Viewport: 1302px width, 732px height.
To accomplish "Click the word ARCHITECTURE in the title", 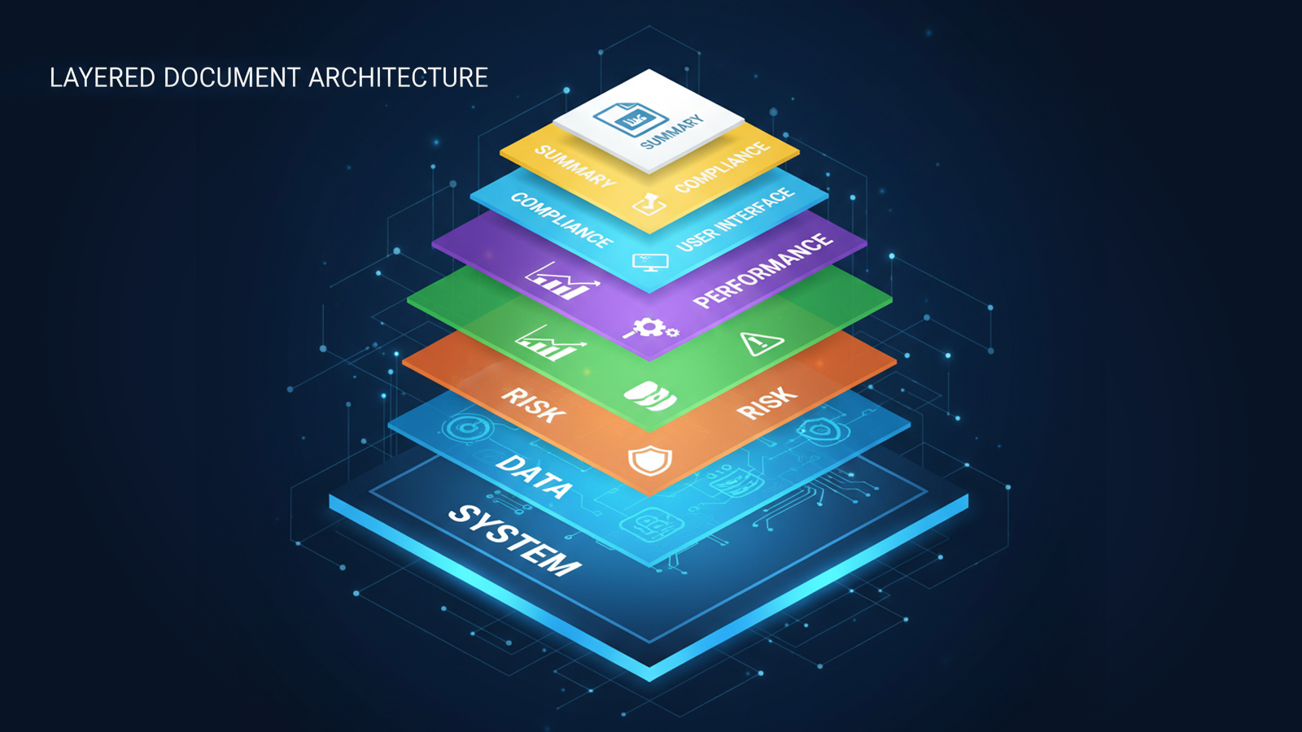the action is [x=399, y=78].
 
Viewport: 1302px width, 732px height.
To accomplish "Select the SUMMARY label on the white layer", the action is [x=672, y=133].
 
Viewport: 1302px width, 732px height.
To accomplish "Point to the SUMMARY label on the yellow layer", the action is [x=575, y=166].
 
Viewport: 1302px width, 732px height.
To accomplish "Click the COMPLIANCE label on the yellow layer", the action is [x=722, y=167].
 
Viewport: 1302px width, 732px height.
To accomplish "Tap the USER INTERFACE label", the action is [x=735, y=219].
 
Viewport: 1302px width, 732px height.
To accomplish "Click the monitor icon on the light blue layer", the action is [x=650, y=262].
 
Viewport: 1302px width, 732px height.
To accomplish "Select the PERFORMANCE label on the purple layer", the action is [x=762, y=271].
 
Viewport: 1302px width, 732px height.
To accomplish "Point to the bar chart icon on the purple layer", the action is [x=561, y=281].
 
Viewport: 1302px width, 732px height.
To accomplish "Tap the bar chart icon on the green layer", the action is [x=550, y=344].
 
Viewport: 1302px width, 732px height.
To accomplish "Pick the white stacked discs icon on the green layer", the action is [x=649, y=397].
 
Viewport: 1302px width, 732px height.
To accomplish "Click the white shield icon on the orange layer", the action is [x=649, y=461].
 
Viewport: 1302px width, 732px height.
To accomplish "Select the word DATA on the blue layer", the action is [x=534, y=477].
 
